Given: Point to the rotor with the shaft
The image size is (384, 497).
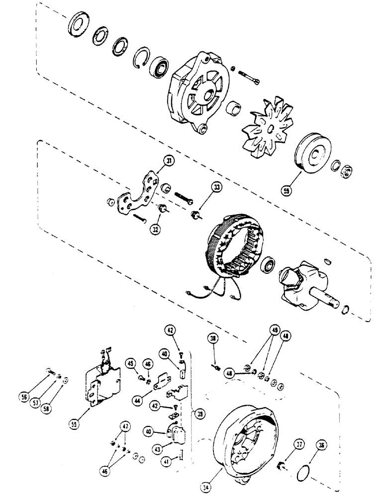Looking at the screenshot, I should tap(303, 288).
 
